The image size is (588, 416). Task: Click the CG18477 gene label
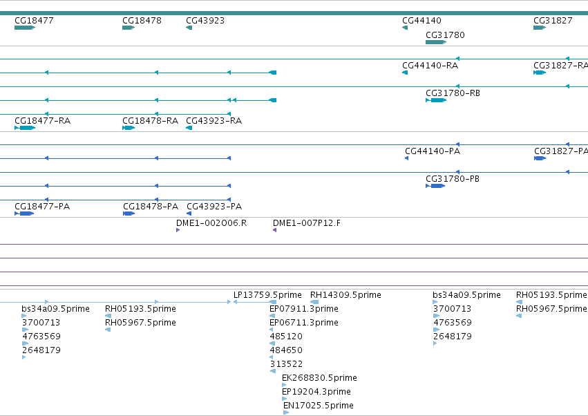[x=34, y=20]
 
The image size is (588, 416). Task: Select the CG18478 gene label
[x=142, y=20]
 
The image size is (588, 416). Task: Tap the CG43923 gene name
[x=205, y=20]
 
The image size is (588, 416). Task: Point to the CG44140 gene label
[x=421, y=20]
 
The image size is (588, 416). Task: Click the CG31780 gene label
[x=445, y=35]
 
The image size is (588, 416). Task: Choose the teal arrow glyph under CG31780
[x=436, y=42]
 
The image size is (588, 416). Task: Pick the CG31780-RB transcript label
[x=453, y=93]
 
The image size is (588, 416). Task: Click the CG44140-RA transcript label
[x=430, y=65]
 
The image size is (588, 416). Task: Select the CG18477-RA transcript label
[x=42, y=120]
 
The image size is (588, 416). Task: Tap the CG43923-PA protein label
[x=214, y=207]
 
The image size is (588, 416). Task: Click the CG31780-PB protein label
[x=453, y=178]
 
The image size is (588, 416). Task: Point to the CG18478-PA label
[x=151, y=207]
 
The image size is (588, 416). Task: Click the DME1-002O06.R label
[x=211, y=223]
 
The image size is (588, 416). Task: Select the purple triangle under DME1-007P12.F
[x=274, y=230]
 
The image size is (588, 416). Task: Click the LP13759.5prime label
[x=267, y=295]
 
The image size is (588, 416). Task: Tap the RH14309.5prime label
[x=345, y=295]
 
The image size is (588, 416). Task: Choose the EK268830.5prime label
[x=319, y=378]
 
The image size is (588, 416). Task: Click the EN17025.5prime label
[x=319, y=405]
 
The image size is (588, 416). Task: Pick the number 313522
[x=286, y=364]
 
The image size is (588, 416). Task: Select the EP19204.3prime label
[x=316, y=391]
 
